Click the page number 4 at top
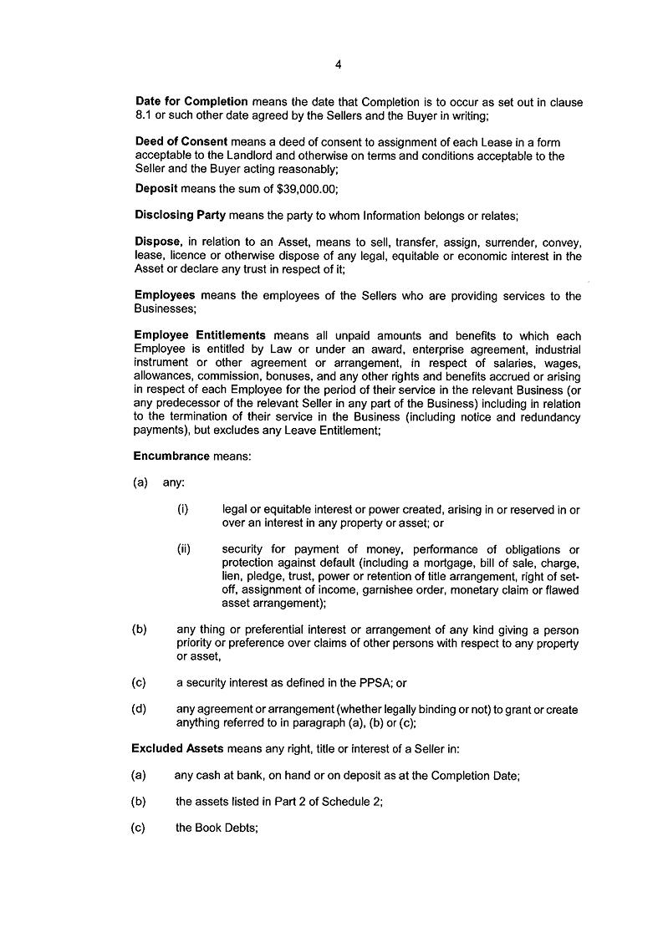coord(338,64)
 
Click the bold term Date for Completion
coord(191,102)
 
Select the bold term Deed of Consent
coord(181,142)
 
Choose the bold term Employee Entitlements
coord(201,335)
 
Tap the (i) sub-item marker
coord(182,509)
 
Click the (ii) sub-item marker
coord(184,549)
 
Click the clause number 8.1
coord(143,115)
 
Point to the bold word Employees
coord(165,295)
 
